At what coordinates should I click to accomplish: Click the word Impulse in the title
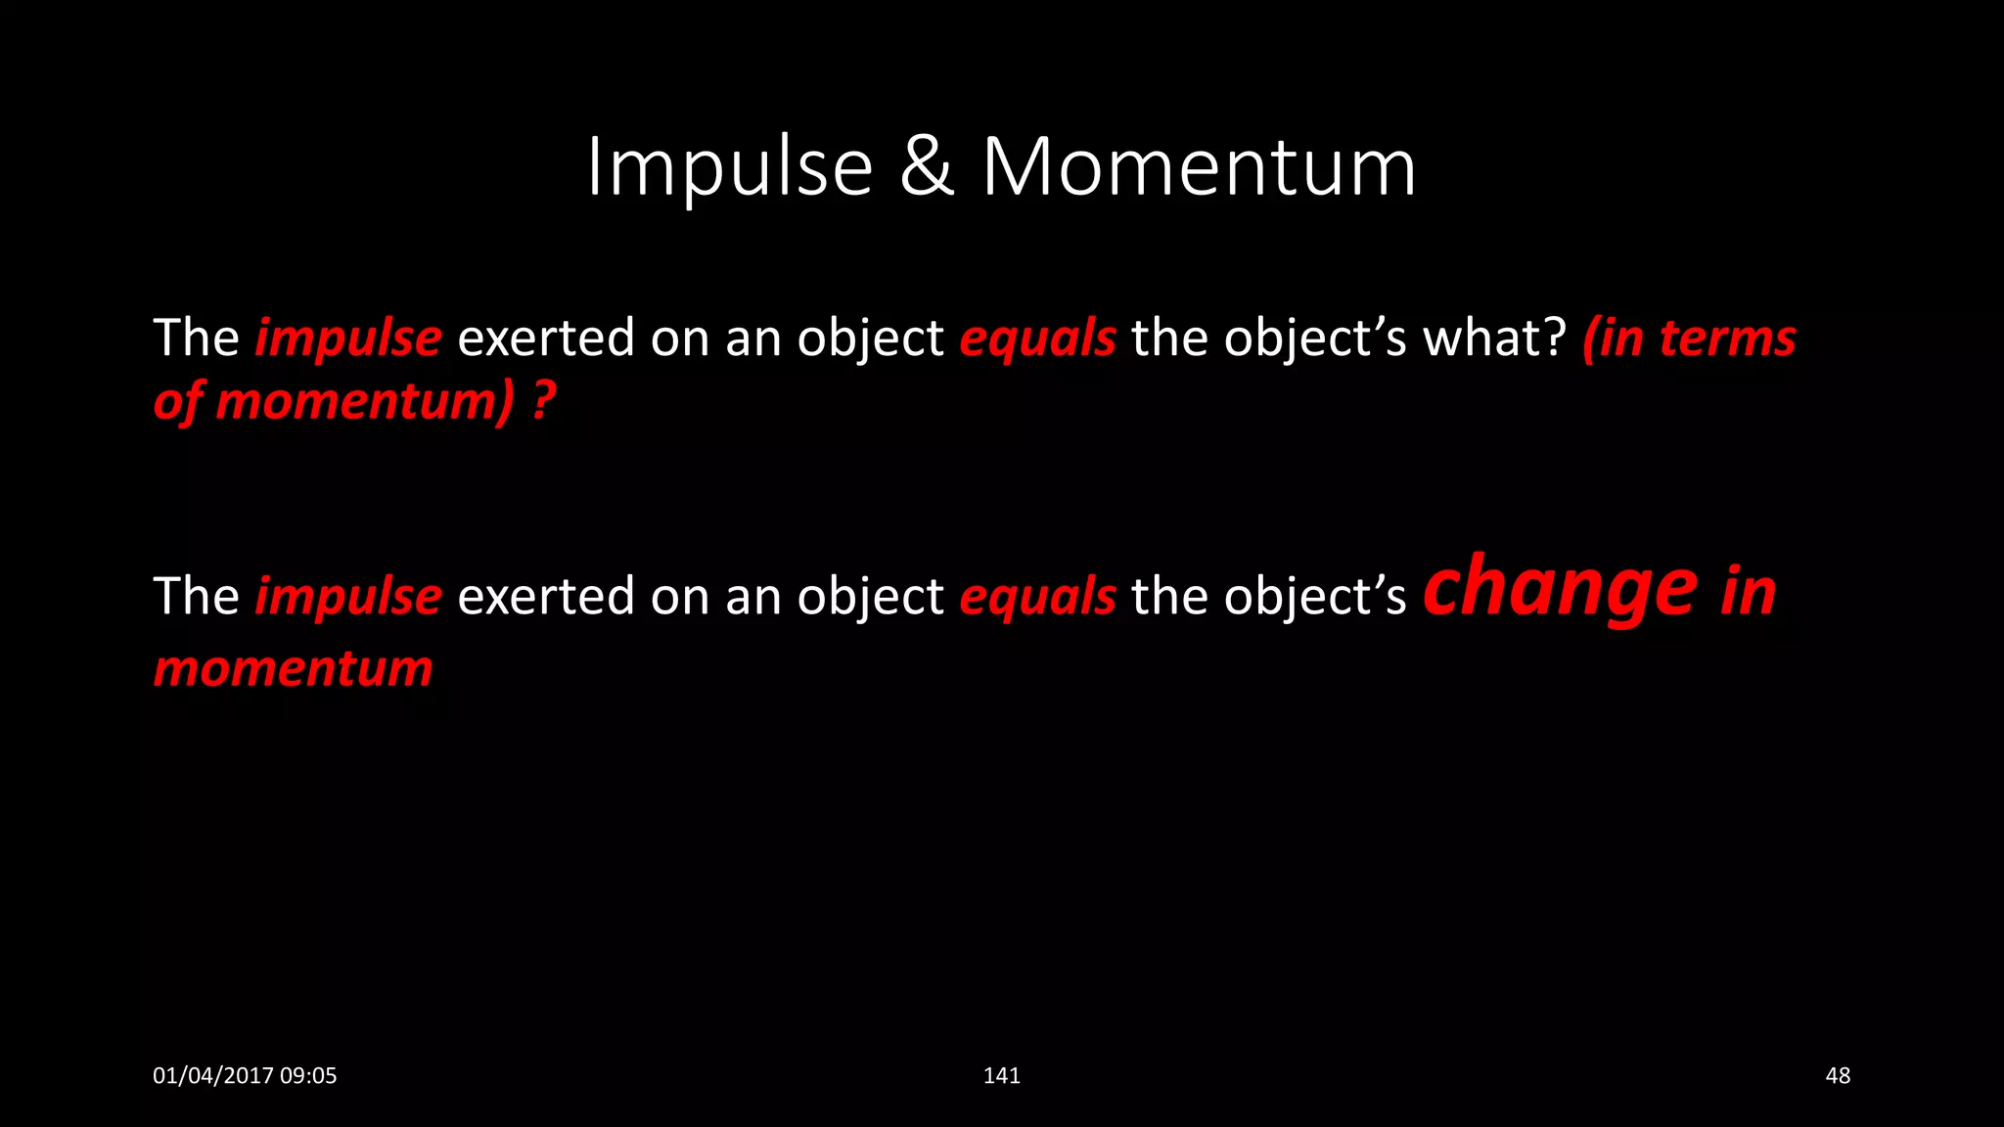[729, 168]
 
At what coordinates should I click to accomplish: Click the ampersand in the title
[926, 168]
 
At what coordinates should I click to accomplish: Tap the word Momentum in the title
[1199, 168]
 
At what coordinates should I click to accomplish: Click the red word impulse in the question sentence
[348, 338]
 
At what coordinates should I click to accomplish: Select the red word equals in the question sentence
[1037, 338]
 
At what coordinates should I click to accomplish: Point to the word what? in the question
[1494, 338]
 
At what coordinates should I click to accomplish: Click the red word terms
[1727, 338]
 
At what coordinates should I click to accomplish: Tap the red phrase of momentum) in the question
[333, 401]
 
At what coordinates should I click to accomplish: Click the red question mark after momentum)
[544, 401]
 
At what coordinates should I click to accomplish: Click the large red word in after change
[1749, 591]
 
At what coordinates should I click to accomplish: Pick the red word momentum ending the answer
[294, 669]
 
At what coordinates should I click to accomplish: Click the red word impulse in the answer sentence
[348, 597]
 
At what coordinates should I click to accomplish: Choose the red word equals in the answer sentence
[1037, 597]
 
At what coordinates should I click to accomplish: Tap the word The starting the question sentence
[196, 338]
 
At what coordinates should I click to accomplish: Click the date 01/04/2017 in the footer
[212, 1076]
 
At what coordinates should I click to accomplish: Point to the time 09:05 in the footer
[308, 1076]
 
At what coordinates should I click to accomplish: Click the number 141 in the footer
[1001, 1076]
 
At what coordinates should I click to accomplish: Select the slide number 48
[1838, 1076]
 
